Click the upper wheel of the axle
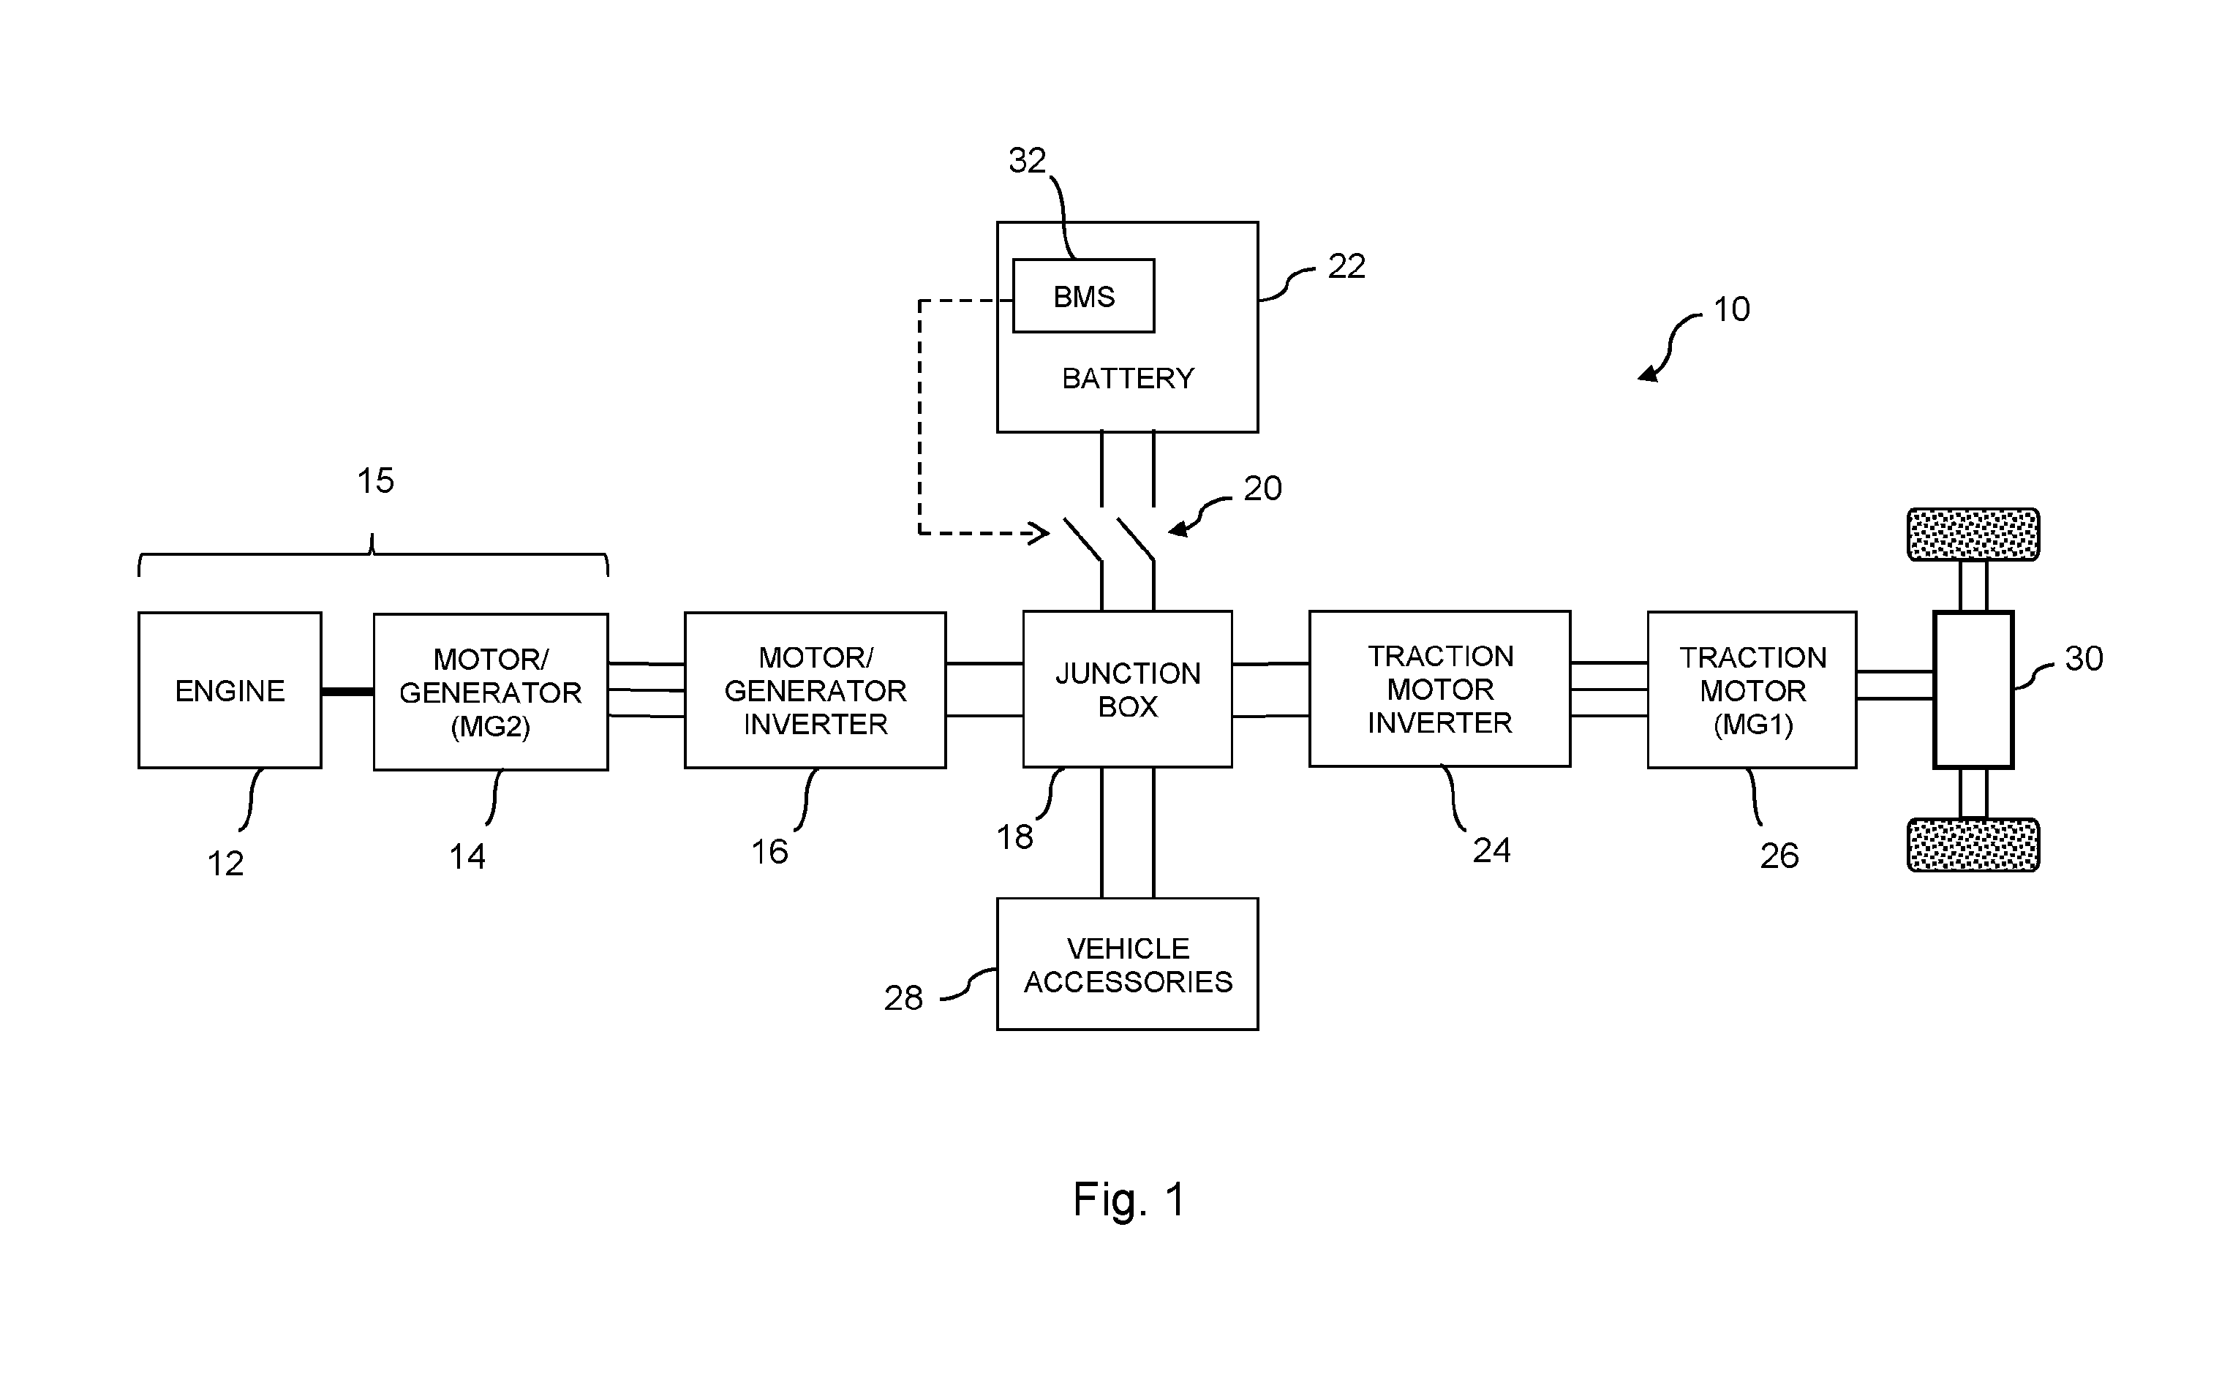click(1973, 535)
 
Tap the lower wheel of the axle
click(1973, 845)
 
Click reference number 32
click(1027, 161)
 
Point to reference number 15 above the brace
click(375, 480)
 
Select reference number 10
click(1731, 310)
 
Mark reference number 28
click(903, 999)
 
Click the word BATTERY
click(1128, 378)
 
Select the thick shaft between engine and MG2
click(347, 692)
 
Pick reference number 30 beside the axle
click(2084, 659)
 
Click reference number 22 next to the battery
click(1346, 266)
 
